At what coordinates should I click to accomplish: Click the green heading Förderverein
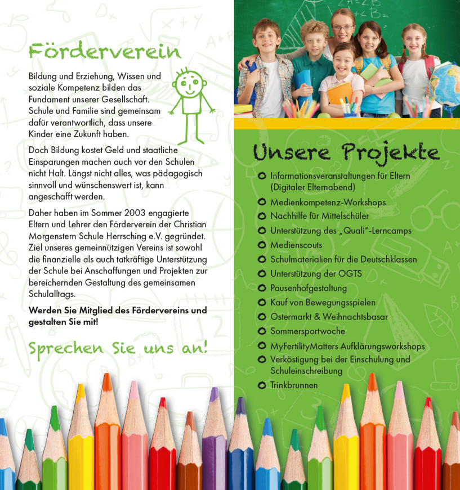tap(105, 51)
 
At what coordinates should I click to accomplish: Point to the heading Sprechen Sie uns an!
tap(118, 348)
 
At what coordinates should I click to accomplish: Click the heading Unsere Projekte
tap(346, 152)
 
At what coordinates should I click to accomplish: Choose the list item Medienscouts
tap(296, 245)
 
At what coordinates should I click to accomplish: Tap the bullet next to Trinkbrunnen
tap(261, 385)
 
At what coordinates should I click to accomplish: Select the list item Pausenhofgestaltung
tap(309, 288)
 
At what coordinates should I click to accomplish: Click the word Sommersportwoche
tap(307, 331)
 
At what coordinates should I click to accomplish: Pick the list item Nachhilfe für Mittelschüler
tap(319, 216)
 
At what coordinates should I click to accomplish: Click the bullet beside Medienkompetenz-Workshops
tap(261, 202)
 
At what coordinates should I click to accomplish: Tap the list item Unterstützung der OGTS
tap(316, 274)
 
